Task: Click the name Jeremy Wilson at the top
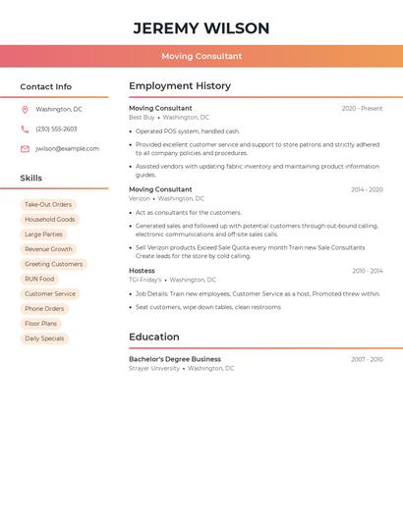[201, 27]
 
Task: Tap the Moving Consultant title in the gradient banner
[201, 56]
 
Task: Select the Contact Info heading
[46, 86]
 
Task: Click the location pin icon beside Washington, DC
[25, 110]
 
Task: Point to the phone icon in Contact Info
[25, 130]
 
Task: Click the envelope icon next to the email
[25, 149]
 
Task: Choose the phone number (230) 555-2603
[56, 130]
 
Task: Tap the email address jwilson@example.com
[67, 149]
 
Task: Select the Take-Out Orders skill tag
[48, 205]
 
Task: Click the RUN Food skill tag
[39, 279]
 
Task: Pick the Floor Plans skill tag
[41, 324]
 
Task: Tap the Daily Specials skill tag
[44, 338]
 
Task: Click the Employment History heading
[180, 86]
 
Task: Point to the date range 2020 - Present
[362, 109]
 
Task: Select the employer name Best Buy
[142, 118]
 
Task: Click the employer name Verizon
[140, 198]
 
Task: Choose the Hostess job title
[142, 271]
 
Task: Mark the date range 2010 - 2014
[367, 271]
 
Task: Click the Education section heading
[153, 337]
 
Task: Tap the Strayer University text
[154, 368]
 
